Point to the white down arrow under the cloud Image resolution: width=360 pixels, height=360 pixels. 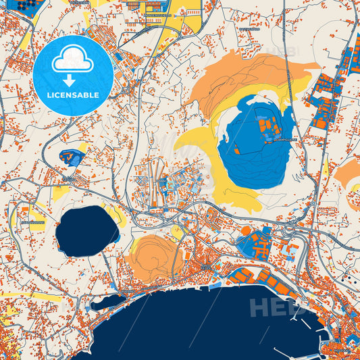pyautogui.click(x=70, y=79)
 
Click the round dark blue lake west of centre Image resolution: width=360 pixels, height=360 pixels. pyautogui.click(x=86, y=230)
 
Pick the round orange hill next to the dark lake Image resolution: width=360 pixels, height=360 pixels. pyautogui.click(x=154, y=255)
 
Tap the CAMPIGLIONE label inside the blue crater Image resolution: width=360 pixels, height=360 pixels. pyautogui.click(x=288, y=140)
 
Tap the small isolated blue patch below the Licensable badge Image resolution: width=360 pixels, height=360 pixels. pyautogui.click(x=71, y=157)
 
